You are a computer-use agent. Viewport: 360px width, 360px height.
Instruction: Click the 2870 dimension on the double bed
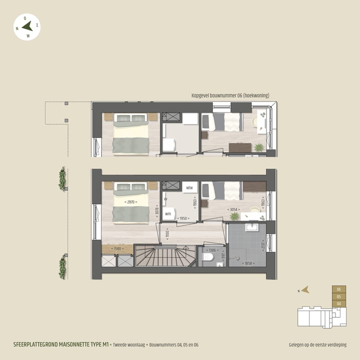(130, 201)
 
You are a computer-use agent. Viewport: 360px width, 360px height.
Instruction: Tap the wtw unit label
(189, 188)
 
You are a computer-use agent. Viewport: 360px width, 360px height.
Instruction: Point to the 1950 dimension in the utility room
(183, 218)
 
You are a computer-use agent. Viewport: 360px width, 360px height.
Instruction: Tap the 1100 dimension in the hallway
(168, 233)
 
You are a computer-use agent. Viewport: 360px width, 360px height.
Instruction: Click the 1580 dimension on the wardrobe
(117, 249)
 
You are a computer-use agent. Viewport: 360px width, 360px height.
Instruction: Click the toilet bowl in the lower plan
(207, 257)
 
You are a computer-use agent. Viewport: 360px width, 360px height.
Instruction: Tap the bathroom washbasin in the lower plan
(251, 227)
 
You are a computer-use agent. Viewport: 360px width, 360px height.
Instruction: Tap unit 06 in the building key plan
(339, 289)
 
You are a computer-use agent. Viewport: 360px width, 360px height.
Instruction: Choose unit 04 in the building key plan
(339, 303)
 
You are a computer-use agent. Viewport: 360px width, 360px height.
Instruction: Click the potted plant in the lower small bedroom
(234, 216)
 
